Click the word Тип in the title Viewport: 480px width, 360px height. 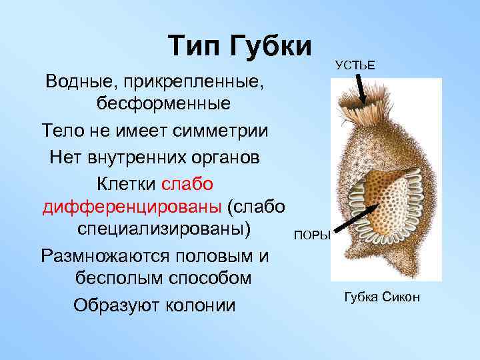coord(195,46)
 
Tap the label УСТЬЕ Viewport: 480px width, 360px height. coord(355,65)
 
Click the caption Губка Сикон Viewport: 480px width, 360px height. coord(382,297)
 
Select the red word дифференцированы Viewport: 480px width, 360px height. coord(132,207)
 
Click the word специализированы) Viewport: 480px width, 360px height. coord(160,230)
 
